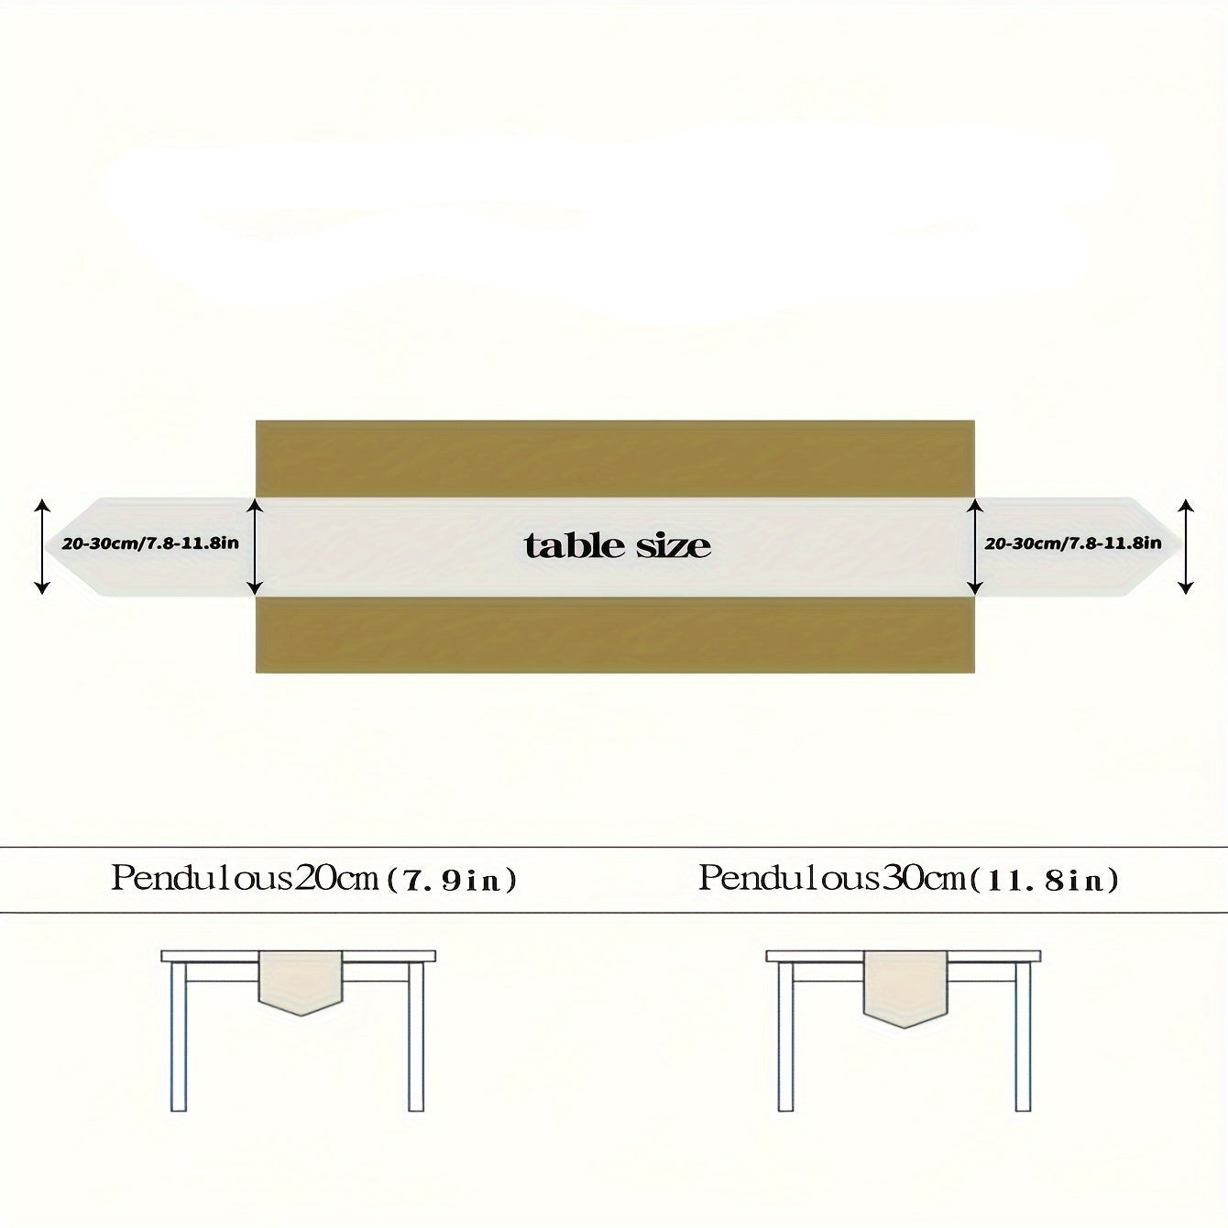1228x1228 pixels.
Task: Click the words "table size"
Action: coord(617,545)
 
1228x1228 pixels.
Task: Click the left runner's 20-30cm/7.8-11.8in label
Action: coord(150,543)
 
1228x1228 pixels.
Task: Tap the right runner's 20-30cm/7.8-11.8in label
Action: coord(1073,543)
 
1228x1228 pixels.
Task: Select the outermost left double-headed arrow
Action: coord(42,547)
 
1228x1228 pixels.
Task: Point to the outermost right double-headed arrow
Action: coord(1185,547)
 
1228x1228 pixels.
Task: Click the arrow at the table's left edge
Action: coord(254,547)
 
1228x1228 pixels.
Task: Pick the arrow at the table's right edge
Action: coord(974,547)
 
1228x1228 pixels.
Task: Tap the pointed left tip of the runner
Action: coord(45,547)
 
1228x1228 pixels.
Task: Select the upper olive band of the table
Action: coord(615,458)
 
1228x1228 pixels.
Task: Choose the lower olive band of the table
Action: coord(615,634)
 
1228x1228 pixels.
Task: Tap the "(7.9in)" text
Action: coord(452,882)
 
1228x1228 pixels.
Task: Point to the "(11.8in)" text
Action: coord(1044,882)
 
